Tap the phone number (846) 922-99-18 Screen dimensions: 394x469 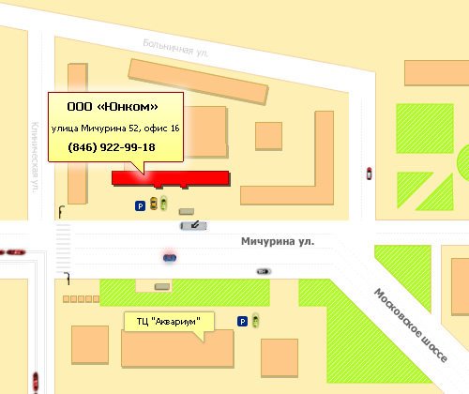point(112,148)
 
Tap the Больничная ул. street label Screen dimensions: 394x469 point(174,49)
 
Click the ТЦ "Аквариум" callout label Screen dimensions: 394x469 point(169,322)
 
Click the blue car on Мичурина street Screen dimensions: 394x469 point(169,256)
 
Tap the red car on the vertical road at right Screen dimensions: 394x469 point(369,173)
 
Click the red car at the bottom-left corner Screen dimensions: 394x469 point(35,380)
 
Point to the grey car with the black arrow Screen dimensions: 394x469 point(191,225)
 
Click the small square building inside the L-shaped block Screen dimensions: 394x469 point(268,136)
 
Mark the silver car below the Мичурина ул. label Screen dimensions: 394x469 point(264,270)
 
